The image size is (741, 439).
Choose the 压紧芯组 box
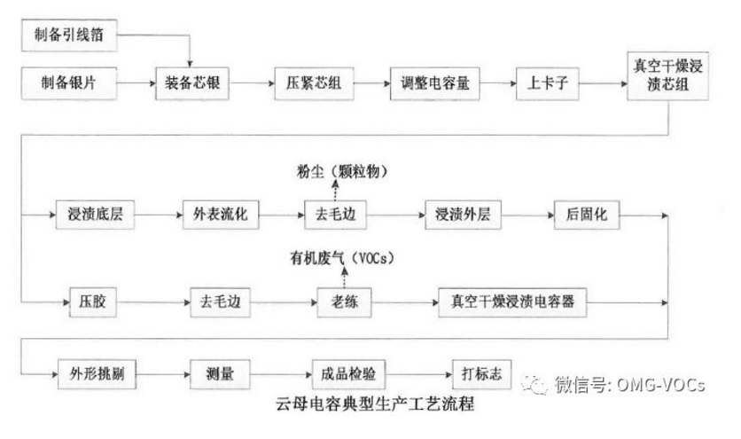[308, 85]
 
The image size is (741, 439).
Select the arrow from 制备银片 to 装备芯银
[136, 85]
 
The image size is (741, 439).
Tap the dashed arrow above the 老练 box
[336, 278]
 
